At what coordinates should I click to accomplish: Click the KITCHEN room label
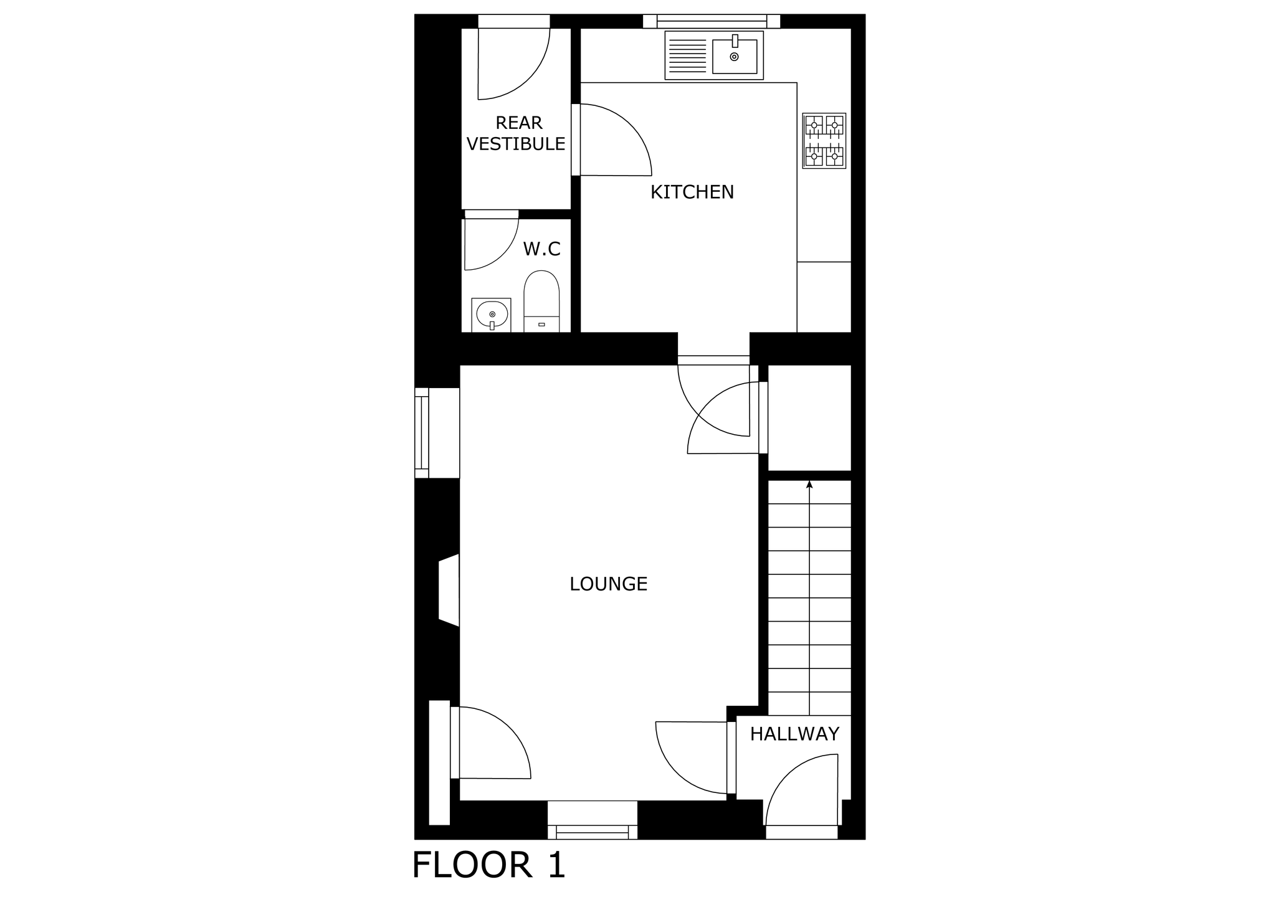(692, 192)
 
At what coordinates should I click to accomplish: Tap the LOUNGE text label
(609, 584)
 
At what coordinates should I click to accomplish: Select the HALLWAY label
(794, 734)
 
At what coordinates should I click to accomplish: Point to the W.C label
(542, 249)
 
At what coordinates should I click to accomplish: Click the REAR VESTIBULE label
(517, 133)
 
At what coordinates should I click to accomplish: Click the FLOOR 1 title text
(489, 865)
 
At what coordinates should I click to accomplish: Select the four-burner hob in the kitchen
(824, 141)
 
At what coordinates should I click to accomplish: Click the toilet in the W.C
(541, 301)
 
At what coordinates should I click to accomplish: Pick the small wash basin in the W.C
(492, 315)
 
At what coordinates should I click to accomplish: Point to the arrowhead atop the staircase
(809, 484)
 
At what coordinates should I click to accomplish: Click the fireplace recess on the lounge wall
(449, 590)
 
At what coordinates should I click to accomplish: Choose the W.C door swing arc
(492, 244)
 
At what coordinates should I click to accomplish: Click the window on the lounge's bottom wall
(593, 820)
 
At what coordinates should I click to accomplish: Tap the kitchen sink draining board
(688, 56)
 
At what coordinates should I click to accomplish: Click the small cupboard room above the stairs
(809, 418)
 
